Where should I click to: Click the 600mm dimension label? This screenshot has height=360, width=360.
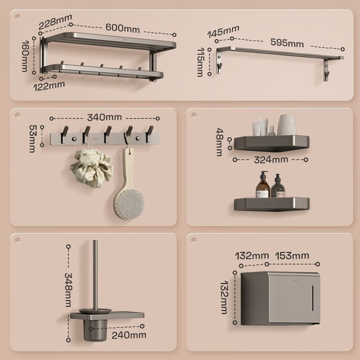123,28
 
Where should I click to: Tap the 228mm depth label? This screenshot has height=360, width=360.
55,21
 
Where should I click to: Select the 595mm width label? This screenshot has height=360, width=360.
287,43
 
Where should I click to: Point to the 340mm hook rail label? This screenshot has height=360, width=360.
105,118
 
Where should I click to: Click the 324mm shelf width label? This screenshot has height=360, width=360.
271,160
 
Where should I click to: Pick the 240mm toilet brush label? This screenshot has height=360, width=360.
129,335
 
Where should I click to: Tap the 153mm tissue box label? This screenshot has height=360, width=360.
292,256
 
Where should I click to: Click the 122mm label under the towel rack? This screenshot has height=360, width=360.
49,86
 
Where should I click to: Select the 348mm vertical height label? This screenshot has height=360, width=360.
68,290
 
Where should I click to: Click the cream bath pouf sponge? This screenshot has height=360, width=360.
92,168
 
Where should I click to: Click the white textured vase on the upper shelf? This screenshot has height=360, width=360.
287,125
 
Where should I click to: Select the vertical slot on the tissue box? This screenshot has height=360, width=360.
313,298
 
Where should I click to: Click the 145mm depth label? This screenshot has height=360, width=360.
223,31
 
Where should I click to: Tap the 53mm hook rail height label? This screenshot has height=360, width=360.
33,138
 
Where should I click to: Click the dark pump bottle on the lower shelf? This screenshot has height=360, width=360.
278,186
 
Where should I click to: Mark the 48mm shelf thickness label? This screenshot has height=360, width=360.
220,142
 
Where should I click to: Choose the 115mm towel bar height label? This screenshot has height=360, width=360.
200,62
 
